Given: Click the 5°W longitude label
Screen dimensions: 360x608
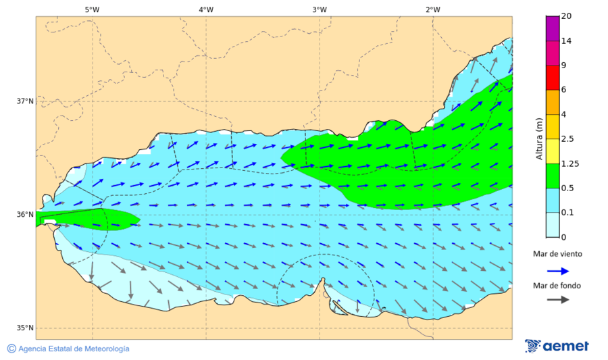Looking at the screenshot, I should tap(92, 9).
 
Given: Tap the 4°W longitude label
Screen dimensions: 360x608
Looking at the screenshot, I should tap(206, 9).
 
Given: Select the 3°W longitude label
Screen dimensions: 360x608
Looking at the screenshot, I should tap(320, 9).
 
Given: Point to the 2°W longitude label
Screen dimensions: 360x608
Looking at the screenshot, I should tap(433, 9).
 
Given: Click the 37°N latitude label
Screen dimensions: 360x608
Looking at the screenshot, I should tap(25, 101).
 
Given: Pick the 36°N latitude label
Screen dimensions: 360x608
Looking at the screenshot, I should tap(25, 215).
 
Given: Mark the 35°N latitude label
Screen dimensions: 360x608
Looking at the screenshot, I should tap(25, 328).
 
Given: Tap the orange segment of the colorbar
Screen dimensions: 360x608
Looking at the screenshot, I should tap(553, 102).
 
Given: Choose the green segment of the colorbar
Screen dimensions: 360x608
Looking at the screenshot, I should tap(553, 176).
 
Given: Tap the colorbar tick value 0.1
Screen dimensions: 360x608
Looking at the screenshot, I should tap(567, 213).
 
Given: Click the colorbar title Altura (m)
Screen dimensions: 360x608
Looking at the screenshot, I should tap(539, 138).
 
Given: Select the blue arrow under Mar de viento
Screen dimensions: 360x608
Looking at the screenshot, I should tap(557, 271).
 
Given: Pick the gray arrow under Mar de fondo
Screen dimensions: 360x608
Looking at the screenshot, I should tap(557, 300).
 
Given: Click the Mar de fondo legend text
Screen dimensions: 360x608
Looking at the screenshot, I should tap(557, 286).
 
